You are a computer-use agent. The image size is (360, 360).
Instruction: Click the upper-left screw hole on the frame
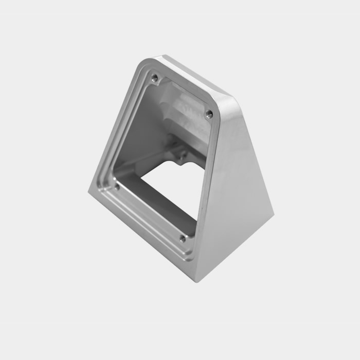pyautogui.click(x=154, y=78)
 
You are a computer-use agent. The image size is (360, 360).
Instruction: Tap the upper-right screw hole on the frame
pyautogui.click(x=208, y=114)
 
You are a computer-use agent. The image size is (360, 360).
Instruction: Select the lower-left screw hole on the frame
pyautogui.click(x=117, y=186)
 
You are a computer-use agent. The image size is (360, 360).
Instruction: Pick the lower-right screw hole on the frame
pyautogui.click(x=182, y=238)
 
